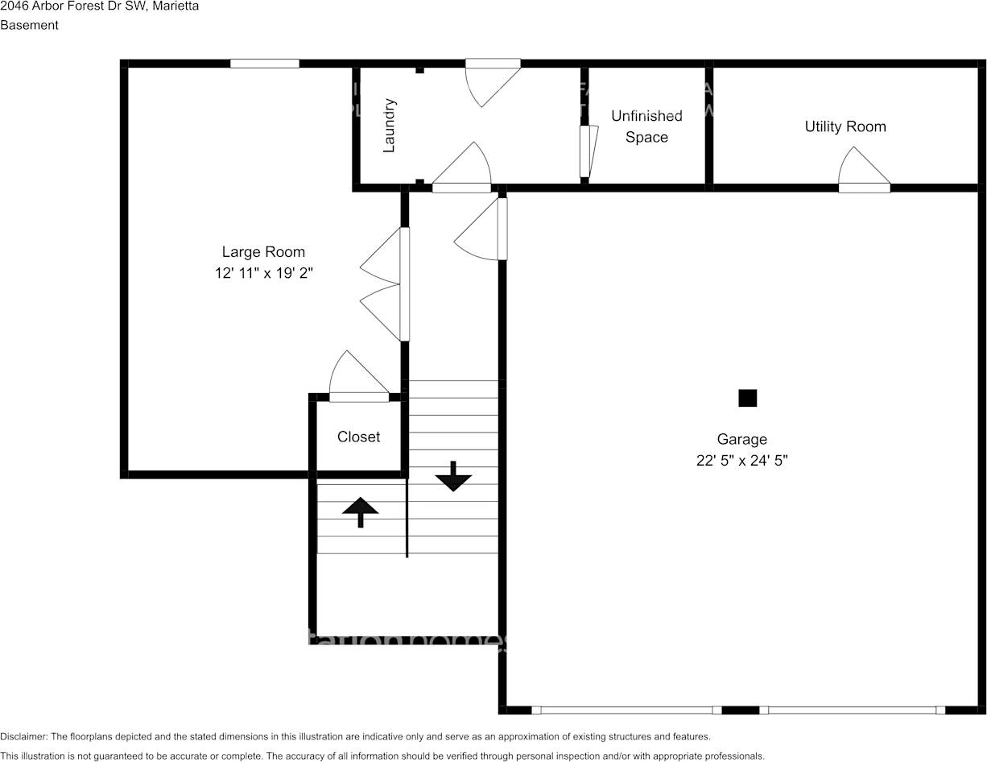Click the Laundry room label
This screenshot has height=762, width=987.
(x=389, y=126)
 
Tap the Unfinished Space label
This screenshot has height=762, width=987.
(x=646, y=126)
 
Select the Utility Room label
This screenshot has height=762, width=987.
(x=845, y=126)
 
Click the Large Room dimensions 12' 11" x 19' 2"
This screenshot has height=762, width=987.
(x=263, y=273)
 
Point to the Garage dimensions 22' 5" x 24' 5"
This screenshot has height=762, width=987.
(x=741, y=461)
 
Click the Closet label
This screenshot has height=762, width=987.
(x=358, y=437)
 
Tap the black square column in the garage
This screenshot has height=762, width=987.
(x=748, y=398)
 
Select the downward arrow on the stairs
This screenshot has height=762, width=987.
(x=453, y=476)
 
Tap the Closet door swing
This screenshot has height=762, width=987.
(x=357, y=376)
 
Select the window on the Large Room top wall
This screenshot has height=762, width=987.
(x=265, y=63)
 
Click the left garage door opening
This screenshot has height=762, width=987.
(x=626, y=710)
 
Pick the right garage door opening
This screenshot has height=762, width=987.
(x=852, y=710)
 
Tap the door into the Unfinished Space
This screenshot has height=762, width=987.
(x=588, y=151)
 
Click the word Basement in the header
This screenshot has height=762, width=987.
(x=30, y=25)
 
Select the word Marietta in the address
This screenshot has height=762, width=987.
(x=176, y=6)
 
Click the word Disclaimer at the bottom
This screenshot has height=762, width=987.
(x=23, y=736)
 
